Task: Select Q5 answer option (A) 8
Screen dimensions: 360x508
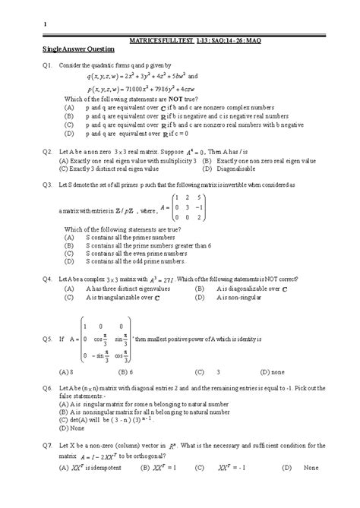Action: (66, 373)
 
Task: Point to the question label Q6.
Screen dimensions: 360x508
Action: (47, 388)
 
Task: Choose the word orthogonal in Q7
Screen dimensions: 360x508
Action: (148, 456)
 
